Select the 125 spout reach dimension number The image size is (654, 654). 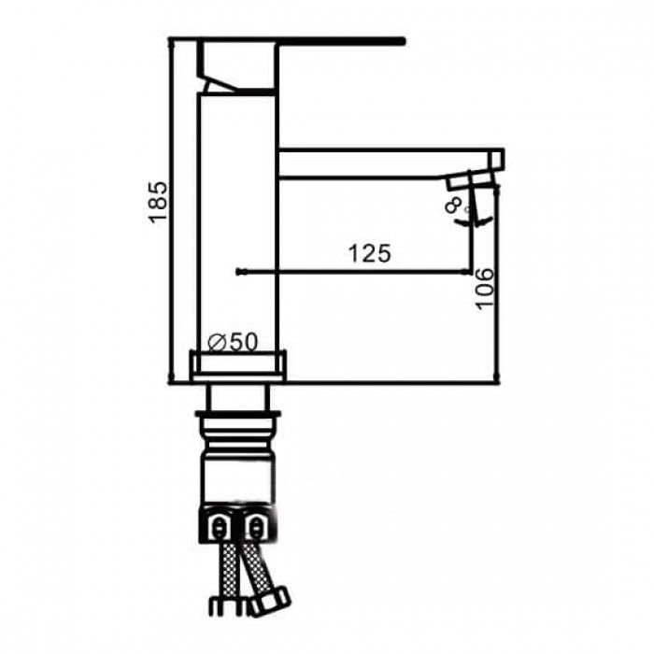coord(369,252)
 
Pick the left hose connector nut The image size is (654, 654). coord(220,526)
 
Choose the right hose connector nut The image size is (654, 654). coord(254,526)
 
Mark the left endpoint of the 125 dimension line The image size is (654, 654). coord(240,272)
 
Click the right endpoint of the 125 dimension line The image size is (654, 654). coord(470,272)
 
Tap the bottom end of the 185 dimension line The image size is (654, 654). coord(169,381)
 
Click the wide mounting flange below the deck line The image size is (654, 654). coord(237,415)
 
